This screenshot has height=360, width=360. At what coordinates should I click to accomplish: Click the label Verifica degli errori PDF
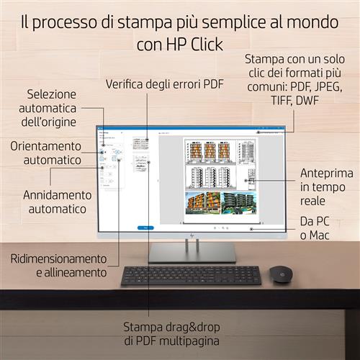165,84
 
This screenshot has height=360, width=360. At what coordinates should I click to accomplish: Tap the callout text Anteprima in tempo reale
327,187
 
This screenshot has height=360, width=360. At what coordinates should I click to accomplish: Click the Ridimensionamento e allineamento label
58,265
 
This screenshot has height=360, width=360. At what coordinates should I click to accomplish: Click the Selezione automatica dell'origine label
52,107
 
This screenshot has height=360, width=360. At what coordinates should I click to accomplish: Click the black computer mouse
279,274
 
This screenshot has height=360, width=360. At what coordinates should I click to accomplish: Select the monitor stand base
192,255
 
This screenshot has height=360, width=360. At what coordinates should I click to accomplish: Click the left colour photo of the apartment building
202,202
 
